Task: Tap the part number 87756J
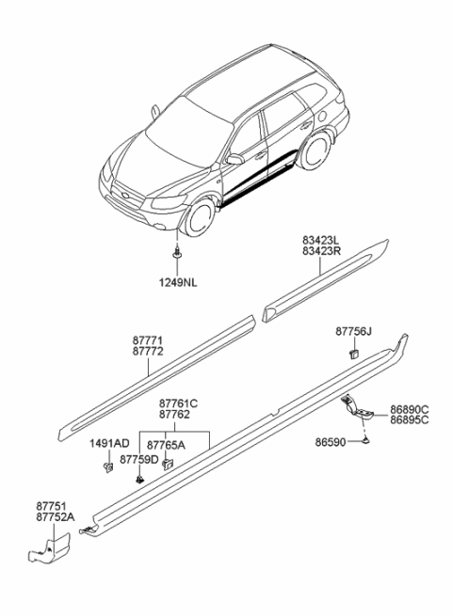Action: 356,331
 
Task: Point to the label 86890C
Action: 411,409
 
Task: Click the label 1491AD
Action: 108,443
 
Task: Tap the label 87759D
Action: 139,460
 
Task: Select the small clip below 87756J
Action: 351,353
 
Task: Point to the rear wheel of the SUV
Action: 319,151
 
